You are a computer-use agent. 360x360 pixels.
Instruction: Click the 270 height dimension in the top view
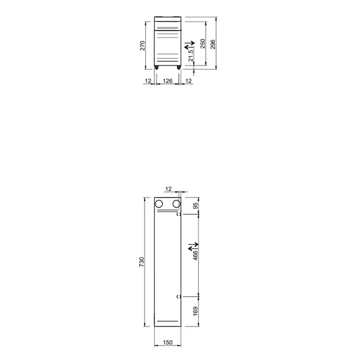pyautogui.click(x=143, y=46)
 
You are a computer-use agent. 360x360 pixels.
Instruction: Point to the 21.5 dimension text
pyautogui.click(x=191, y=55)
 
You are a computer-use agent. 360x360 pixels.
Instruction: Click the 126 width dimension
pyautogui.click(x=168, y=80)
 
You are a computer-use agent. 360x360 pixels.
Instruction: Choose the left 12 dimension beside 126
pyautogui.click(x=148, y=80)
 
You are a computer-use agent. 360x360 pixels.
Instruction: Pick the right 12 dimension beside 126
pyautogui.click(x=188, y=80)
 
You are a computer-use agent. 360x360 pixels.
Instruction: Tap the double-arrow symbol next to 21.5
pyautogui.click(x=189, y=46)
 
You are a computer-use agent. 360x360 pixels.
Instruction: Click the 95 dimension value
pyautogui.click(x=196, y=206)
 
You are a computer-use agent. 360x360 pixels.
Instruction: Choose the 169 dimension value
pyautogui.click(x=196, y=311)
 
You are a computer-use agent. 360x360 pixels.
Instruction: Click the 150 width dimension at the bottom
pyautogui.click(x=168, y=343)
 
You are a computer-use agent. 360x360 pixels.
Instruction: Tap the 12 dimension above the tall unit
pyautogui.click(x=168, y=189)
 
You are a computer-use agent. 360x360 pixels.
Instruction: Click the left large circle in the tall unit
pyautogui.click(x=160, y=205)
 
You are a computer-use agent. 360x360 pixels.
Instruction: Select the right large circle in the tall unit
pyautogui.click(x=176, y=205)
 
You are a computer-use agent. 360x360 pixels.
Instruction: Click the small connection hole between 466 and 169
pyautogui.click(x=178, y=296)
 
